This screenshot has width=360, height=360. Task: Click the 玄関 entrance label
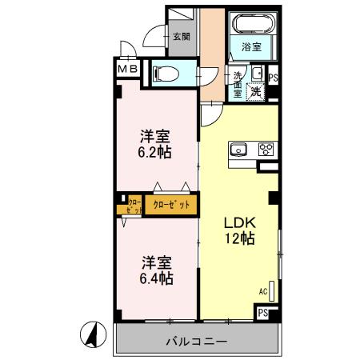tap(181, 36)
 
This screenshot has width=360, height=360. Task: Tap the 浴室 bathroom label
tap(251, 47)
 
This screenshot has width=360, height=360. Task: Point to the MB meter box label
tap(128, 70)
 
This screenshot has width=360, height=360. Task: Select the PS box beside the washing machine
tap(273, 78)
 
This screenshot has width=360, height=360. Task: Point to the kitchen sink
tap(239, 149)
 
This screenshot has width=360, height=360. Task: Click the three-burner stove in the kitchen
tap(265, 149)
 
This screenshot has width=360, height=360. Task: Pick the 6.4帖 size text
tap(158, 279)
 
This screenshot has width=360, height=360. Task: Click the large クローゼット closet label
tap(170, 205)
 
